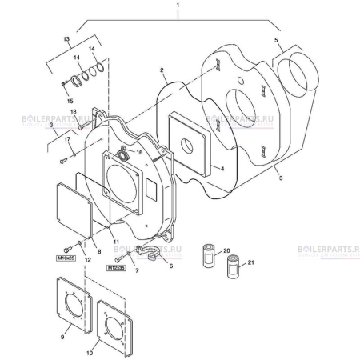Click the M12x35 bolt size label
pyautogui.click(x=117, y=270)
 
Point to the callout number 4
pyautogui.click(x=222, y=169)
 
